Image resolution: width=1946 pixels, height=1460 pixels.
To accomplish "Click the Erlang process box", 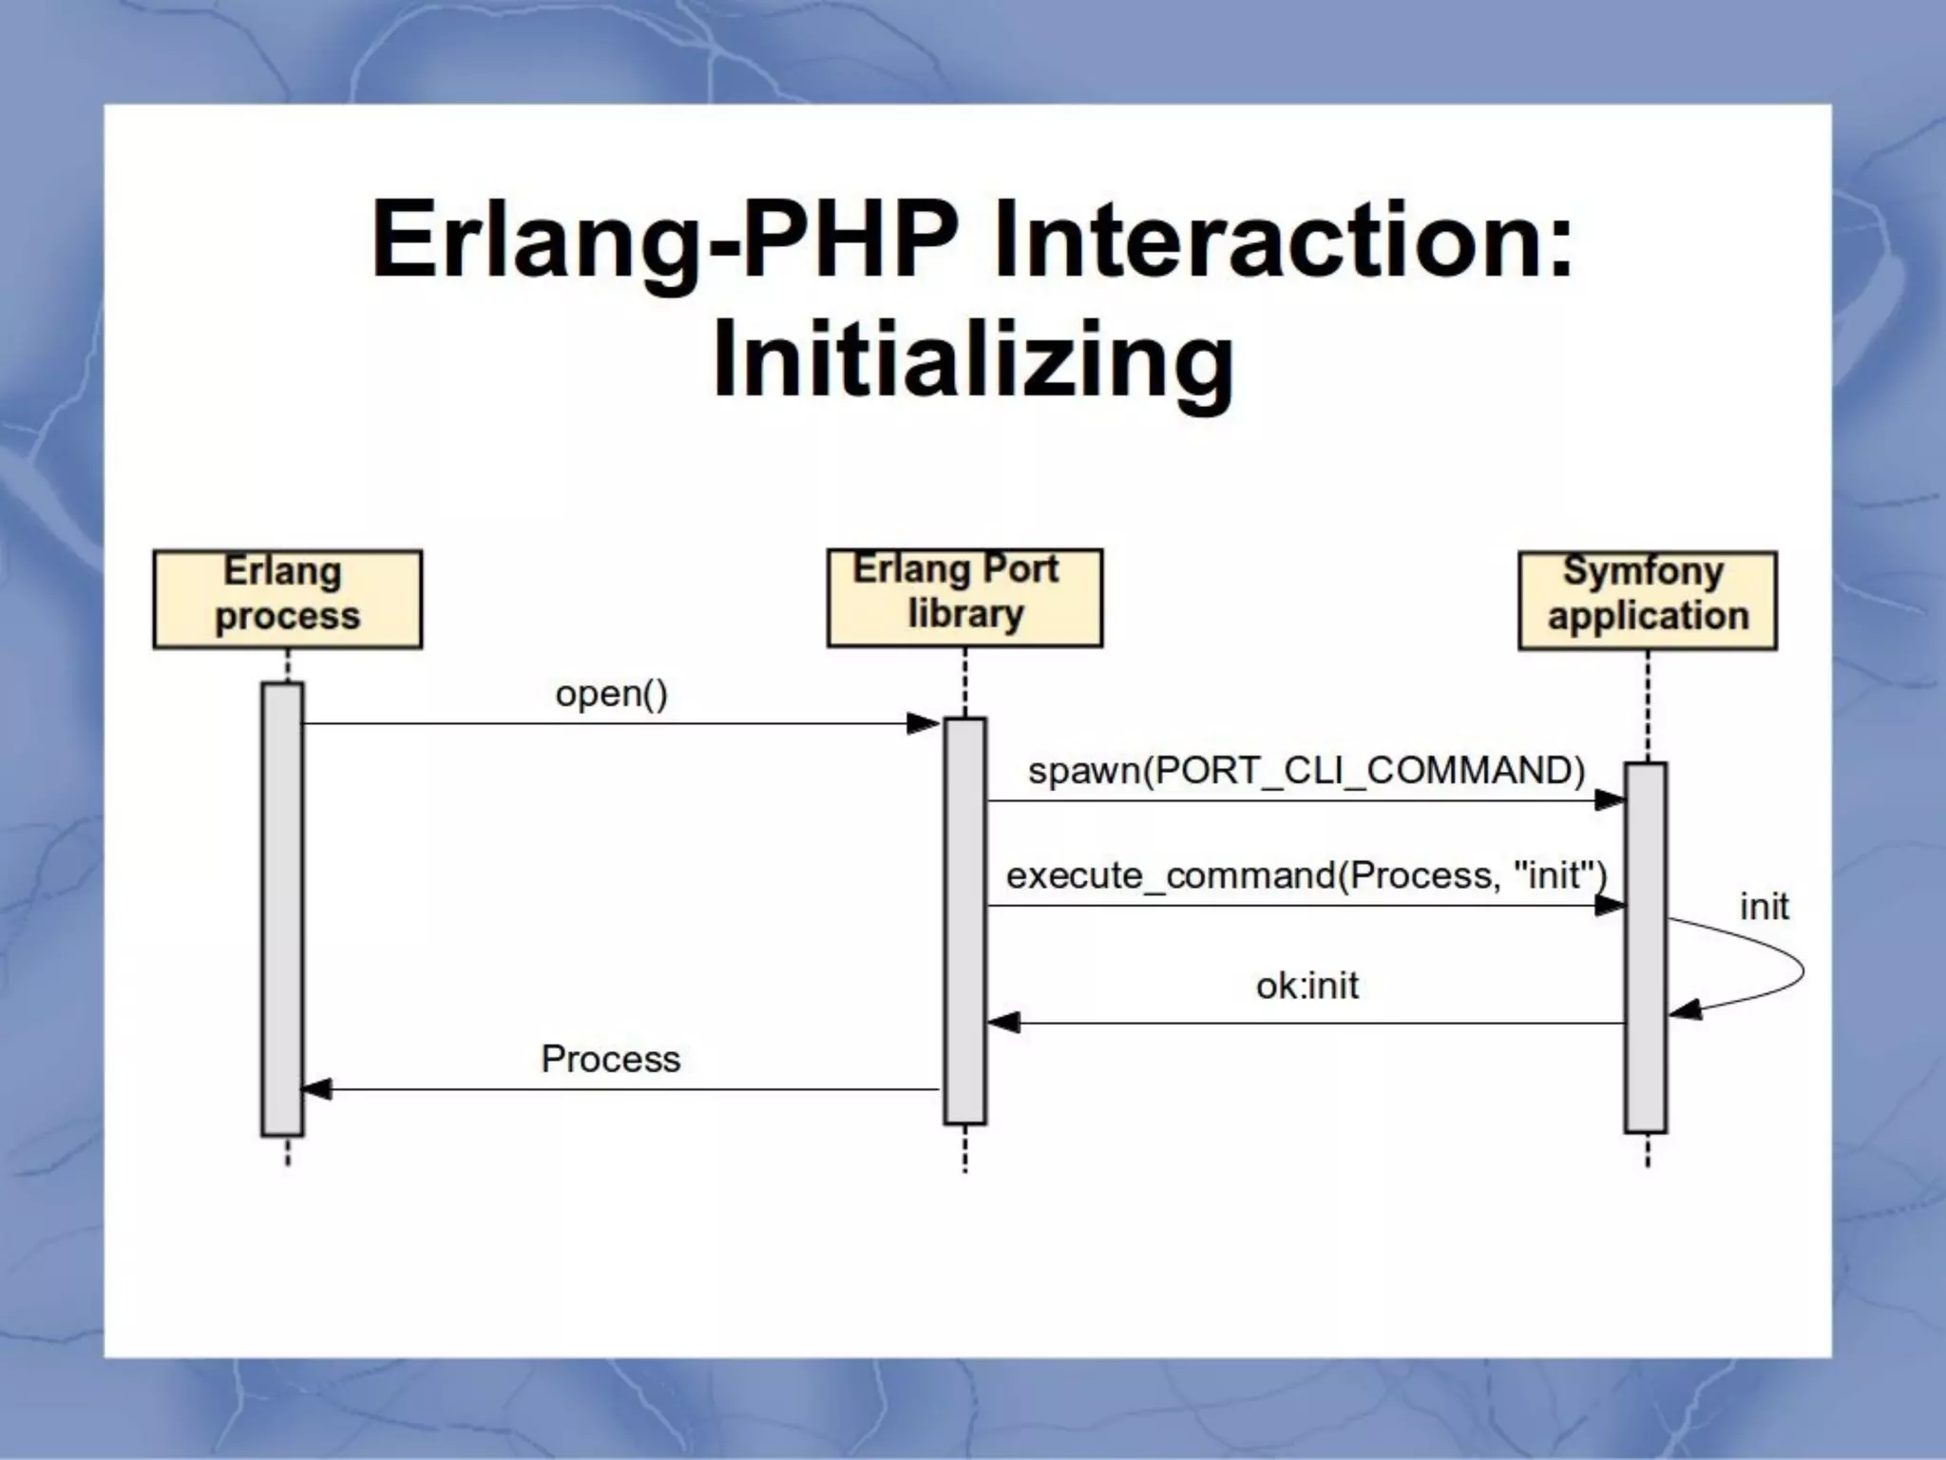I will click(287, 599).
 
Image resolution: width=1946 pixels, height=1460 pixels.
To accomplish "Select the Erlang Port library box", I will click(964, 597).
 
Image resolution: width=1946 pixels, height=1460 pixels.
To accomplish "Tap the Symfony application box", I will click(1647, 600).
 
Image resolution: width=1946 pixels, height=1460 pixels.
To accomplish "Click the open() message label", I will click(611, 694).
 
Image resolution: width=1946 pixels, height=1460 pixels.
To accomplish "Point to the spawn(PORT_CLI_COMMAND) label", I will click(1307, 770).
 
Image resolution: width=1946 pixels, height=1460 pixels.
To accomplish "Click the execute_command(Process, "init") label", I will click(1307, 874).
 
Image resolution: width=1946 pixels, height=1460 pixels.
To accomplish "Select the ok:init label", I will click(1307, 986).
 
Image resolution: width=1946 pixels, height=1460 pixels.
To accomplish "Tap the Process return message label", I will click(610, 1059).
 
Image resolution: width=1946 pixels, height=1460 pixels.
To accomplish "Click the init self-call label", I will click(1764, 907).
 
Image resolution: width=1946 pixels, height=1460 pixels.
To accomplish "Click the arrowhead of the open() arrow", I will click(924, 724).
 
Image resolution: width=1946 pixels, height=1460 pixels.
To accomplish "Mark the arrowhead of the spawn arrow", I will click(1610, 800).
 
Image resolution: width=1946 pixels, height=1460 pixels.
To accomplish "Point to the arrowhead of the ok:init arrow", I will click(1003, 1023).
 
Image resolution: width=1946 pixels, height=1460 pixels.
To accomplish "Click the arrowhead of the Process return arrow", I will click(317, 1089).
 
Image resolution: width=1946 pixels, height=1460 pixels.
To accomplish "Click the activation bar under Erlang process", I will click(282, 908).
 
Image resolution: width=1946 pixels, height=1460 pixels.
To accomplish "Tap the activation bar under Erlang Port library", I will click(964, 920).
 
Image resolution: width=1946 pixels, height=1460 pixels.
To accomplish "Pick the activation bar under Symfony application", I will click(1646, 946).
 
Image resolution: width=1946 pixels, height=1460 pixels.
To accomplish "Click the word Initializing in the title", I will click(973, 359).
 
